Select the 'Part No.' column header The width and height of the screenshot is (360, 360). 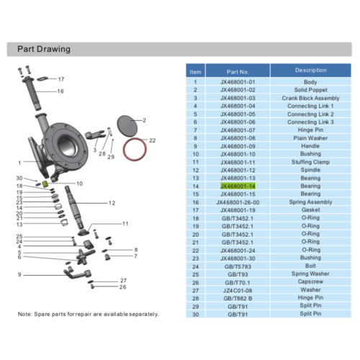tap(238, 72)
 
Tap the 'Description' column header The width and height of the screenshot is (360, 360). tap(310, 71)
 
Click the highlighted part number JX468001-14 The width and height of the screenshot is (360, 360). tap(238, 186)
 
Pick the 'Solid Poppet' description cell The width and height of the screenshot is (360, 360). tap(310, 90)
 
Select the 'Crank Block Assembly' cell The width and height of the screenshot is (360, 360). tap(310, 98)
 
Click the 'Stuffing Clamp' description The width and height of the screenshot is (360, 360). tap(310, 162)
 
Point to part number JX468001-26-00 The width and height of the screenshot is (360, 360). tap(238, 202)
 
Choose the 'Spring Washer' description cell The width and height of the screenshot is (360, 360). tap(310, 274)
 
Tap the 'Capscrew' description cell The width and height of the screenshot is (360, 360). tap(310, 282)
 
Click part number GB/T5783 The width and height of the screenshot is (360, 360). tap(238, 266)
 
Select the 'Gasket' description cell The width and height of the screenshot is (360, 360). tap(310, 210)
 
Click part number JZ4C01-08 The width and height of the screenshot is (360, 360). tap(238, 290)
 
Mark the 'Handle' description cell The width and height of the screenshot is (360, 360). tap(310, 146)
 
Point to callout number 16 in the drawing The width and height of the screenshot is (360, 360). tap(60, 91)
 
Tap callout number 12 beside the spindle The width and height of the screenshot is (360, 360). tap(112, 204)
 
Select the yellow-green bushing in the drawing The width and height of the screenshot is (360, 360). tap(45, 184)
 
